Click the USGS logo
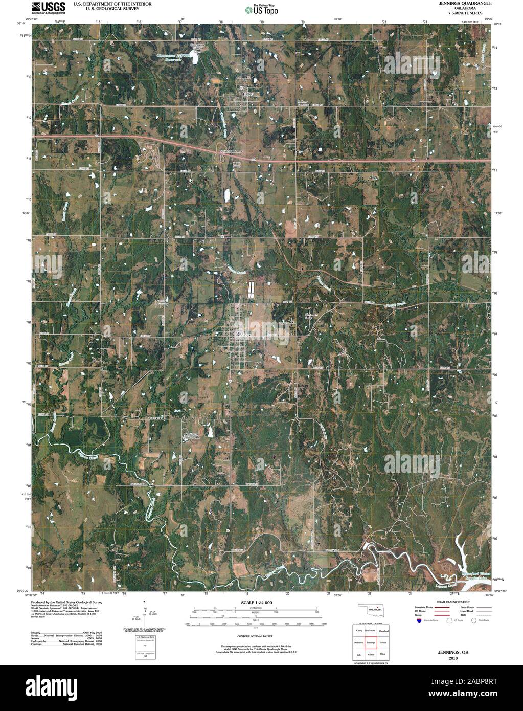[x=49, y=7]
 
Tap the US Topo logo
[x=261, y=9]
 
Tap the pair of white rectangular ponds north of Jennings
[x=251, y=291]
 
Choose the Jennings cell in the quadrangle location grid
[x=371, y=642]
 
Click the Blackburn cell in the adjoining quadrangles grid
[x=371, y=631]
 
